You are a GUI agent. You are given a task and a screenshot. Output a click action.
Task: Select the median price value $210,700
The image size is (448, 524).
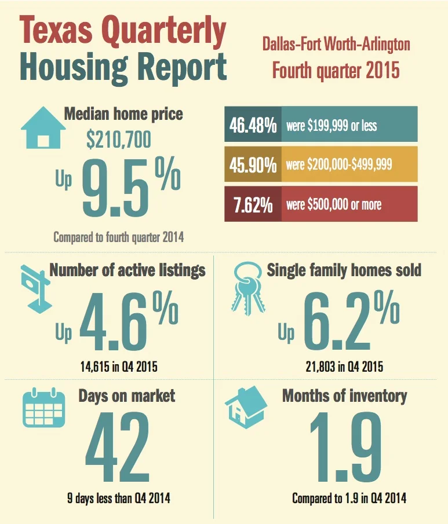click(x=118, y=140)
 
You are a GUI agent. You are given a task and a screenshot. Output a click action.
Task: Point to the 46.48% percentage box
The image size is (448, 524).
click(x=253, y=124)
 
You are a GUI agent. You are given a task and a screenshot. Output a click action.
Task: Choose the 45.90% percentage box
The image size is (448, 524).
click(x=253, y=164)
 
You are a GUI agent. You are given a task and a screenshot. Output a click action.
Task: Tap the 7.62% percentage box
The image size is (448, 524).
click(x=253, y=204)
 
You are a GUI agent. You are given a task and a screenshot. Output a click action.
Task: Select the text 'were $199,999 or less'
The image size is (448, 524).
click(x=331, y=124)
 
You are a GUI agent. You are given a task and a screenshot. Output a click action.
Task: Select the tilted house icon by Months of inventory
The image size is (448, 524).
click(x=245, y=408)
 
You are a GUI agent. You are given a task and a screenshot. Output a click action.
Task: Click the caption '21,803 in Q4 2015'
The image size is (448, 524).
click(x=344, y=367)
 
